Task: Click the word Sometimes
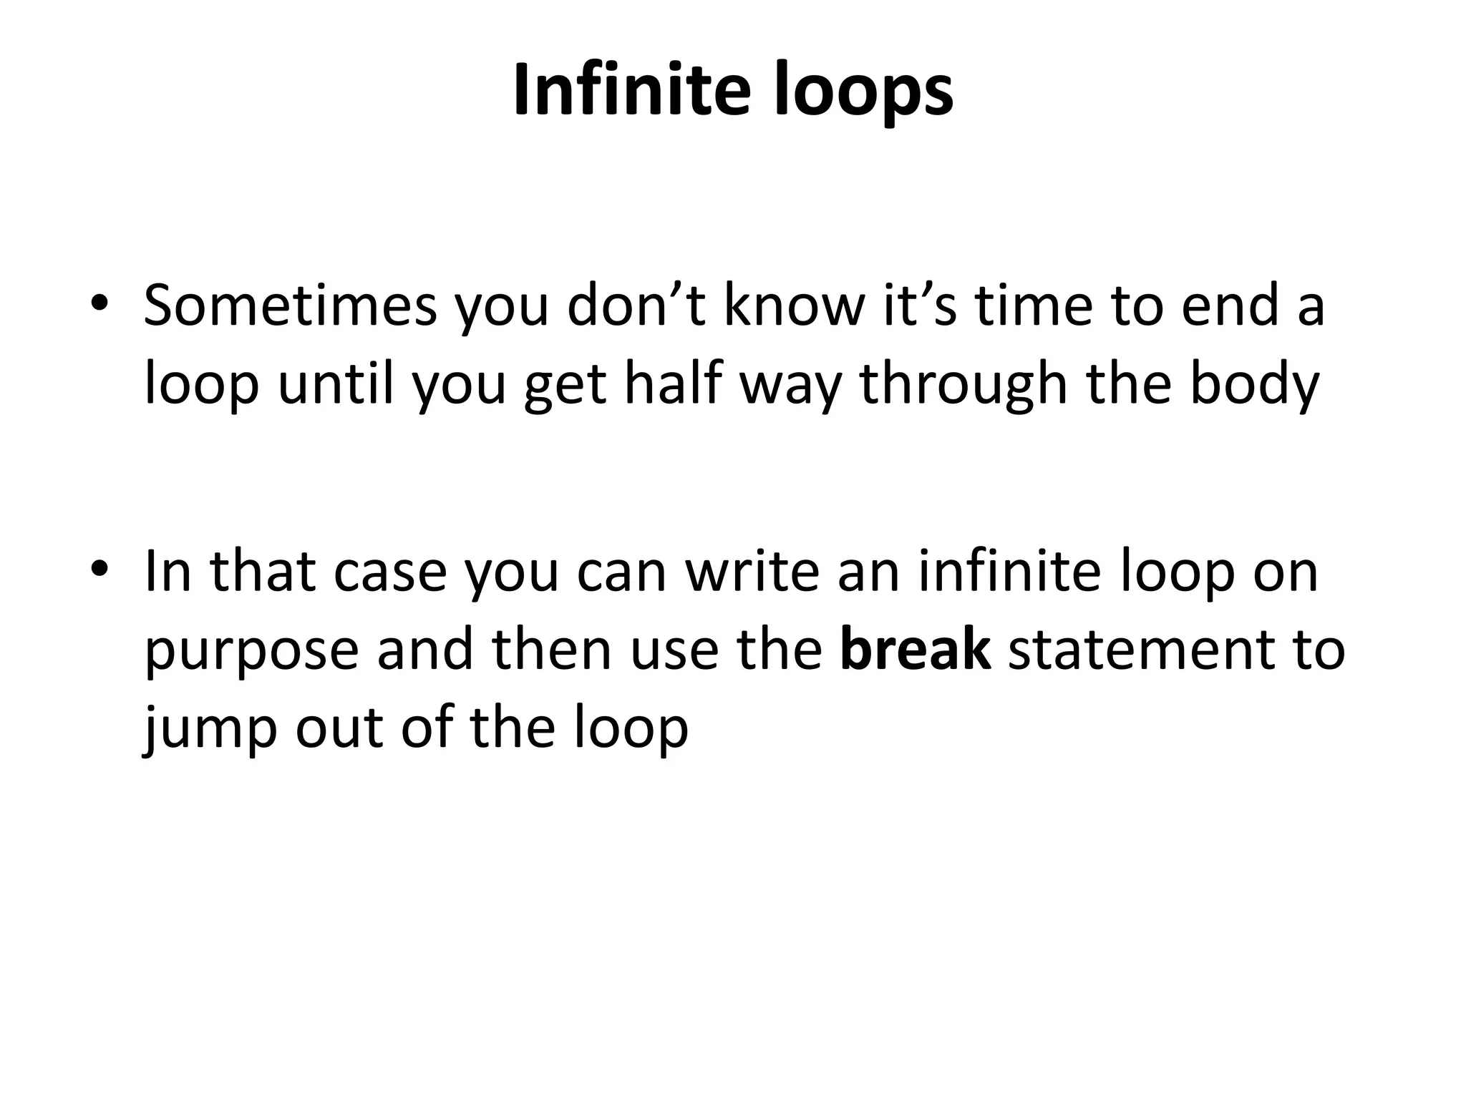coord(290,306)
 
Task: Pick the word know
coord(794,306)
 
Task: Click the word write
coord(752,572)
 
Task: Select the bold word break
coord(916,650)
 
